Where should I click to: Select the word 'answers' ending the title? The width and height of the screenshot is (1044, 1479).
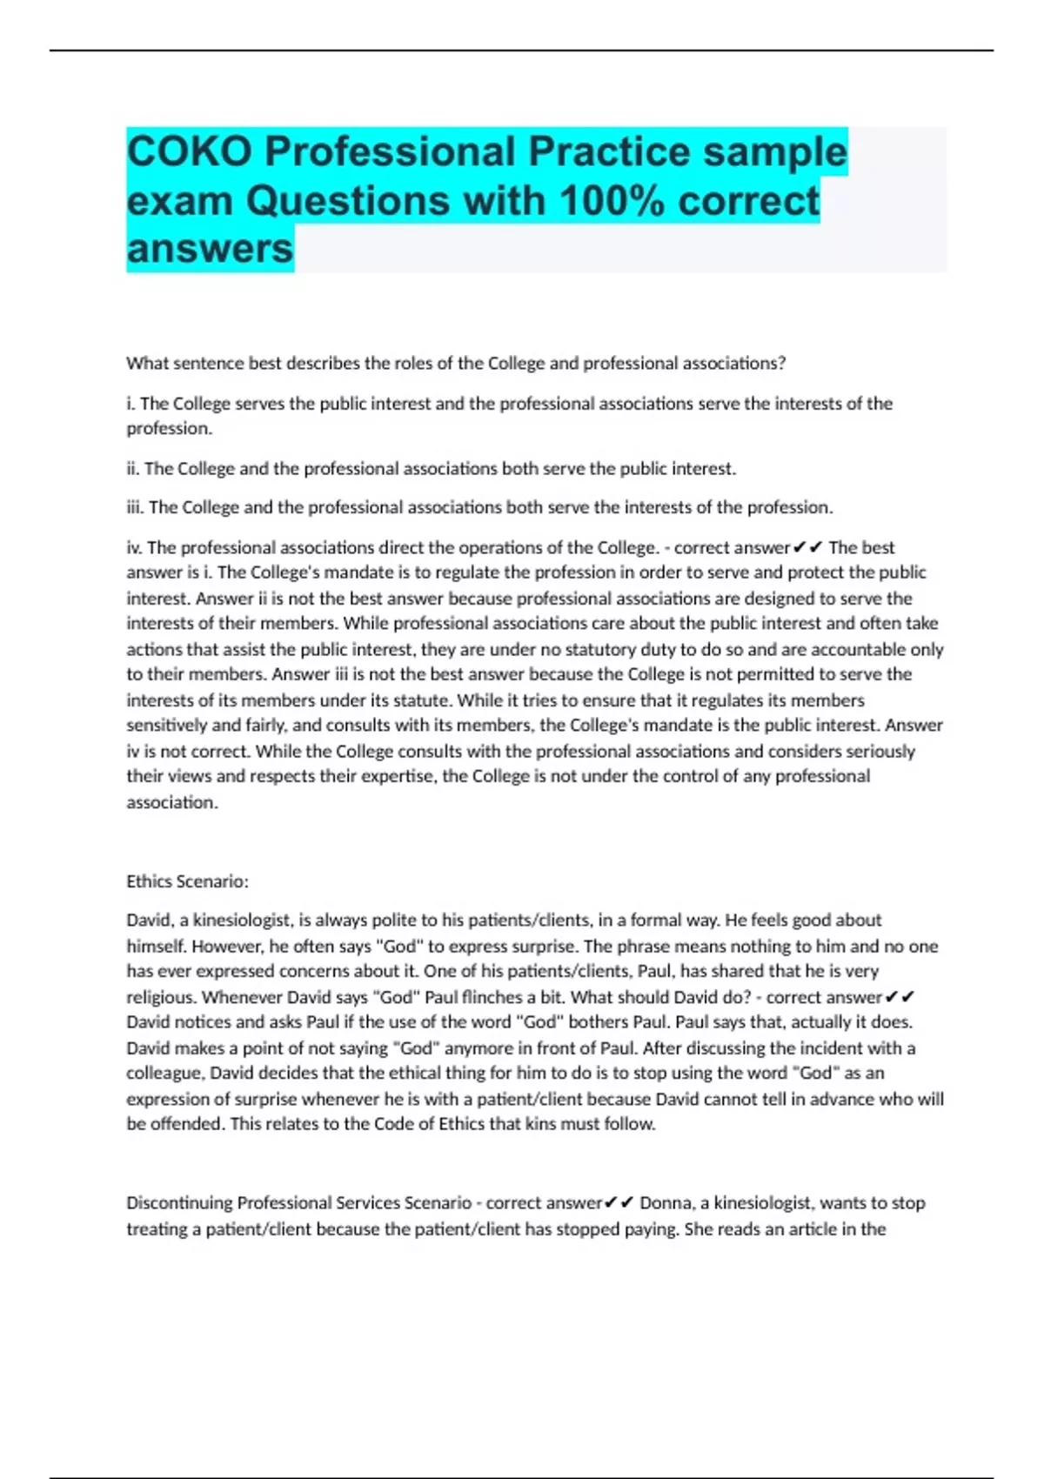coord(210,249)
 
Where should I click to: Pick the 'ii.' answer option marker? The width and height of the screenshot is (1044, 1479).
coord(133,469)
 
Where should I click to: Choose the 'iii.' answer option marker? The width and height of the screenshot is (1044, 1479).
coord(136,507)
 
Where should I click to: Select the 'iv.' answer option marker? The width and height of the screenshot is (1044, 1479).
coord(134,548)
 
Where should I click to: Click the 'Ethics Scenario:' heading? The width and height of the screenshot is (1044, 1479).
coord(187,881)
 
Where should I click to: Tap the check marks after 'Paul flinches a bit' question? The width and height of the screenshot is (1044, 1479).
coord(900,998)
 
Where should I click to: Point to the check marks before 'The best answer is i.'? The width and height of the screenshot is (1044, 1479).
coord(808,548)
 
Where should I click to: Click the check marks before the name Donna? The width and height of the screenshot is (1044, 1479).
coord(619,1203)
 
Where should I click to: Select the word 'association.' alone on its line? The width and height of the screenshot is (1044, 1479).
coord(172,803)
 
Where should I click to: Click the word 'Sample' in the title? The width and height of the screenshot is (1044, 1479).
coord(774,151)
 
